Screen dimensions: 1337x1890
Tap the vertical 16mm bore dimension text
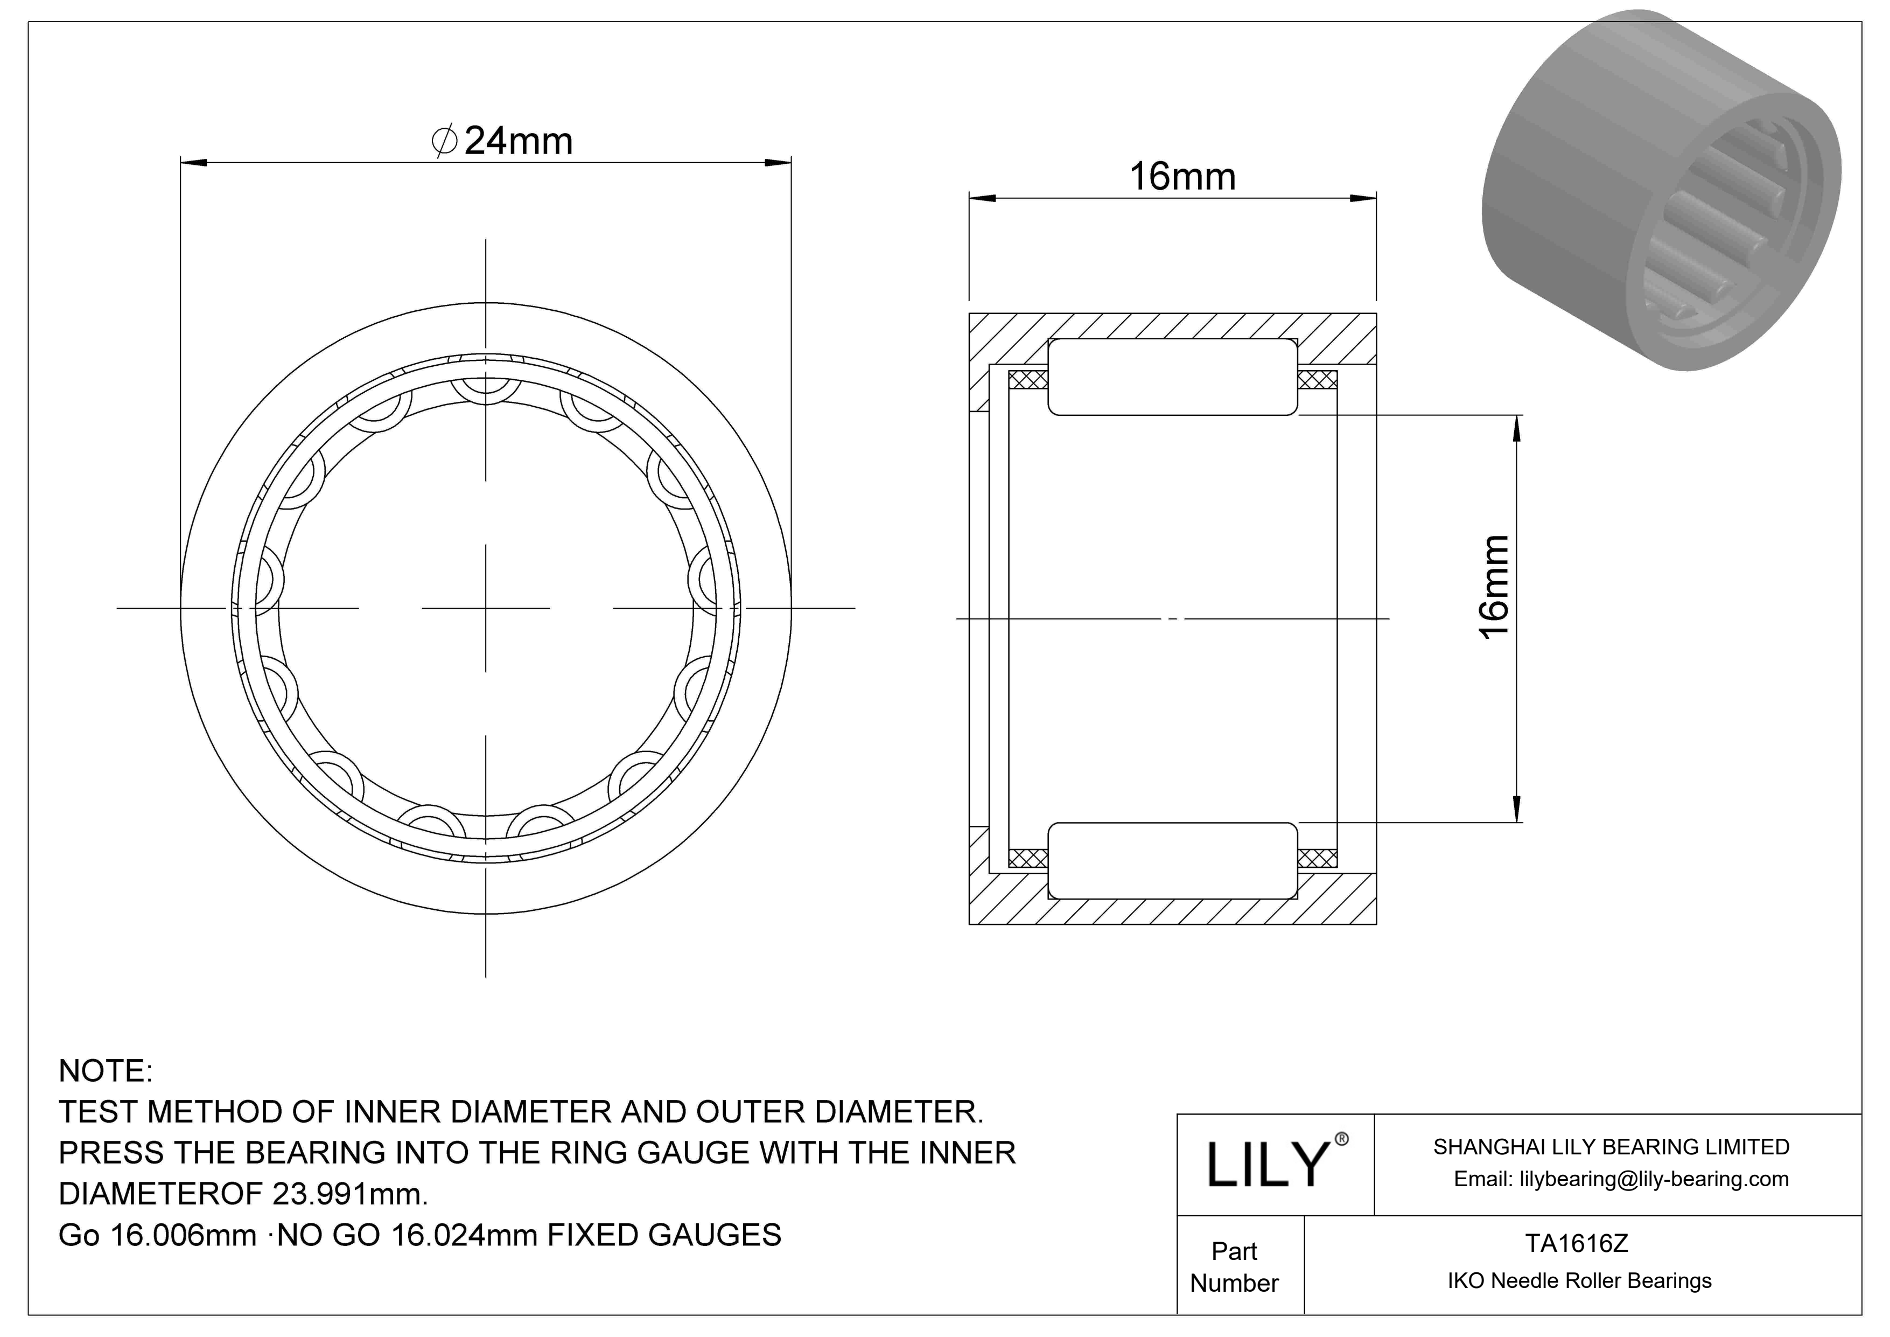tap(1494, 586)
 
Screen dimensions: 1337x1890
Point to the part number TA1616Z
tap(1577, 1243)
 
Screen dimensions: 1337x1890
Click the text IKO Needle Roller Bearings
tap(1579, 1280)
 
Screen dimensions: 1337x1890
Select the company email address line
tap(1620, 1179)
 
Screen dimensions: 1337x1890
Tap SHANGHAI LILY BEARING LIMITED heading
tap(1611, 1147)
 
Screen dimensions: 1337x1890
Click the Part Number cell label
tap(1234, 1266)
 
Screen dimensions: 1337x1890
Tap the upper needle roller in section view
tap(1172, 377)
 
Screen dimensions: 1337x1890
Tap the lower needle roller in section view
tap(1172, 860)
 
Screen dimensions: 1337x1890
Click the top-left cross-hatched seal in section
tap(1028, 380)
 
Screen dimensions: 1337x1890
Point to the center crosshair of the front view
tap(486, 608)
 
